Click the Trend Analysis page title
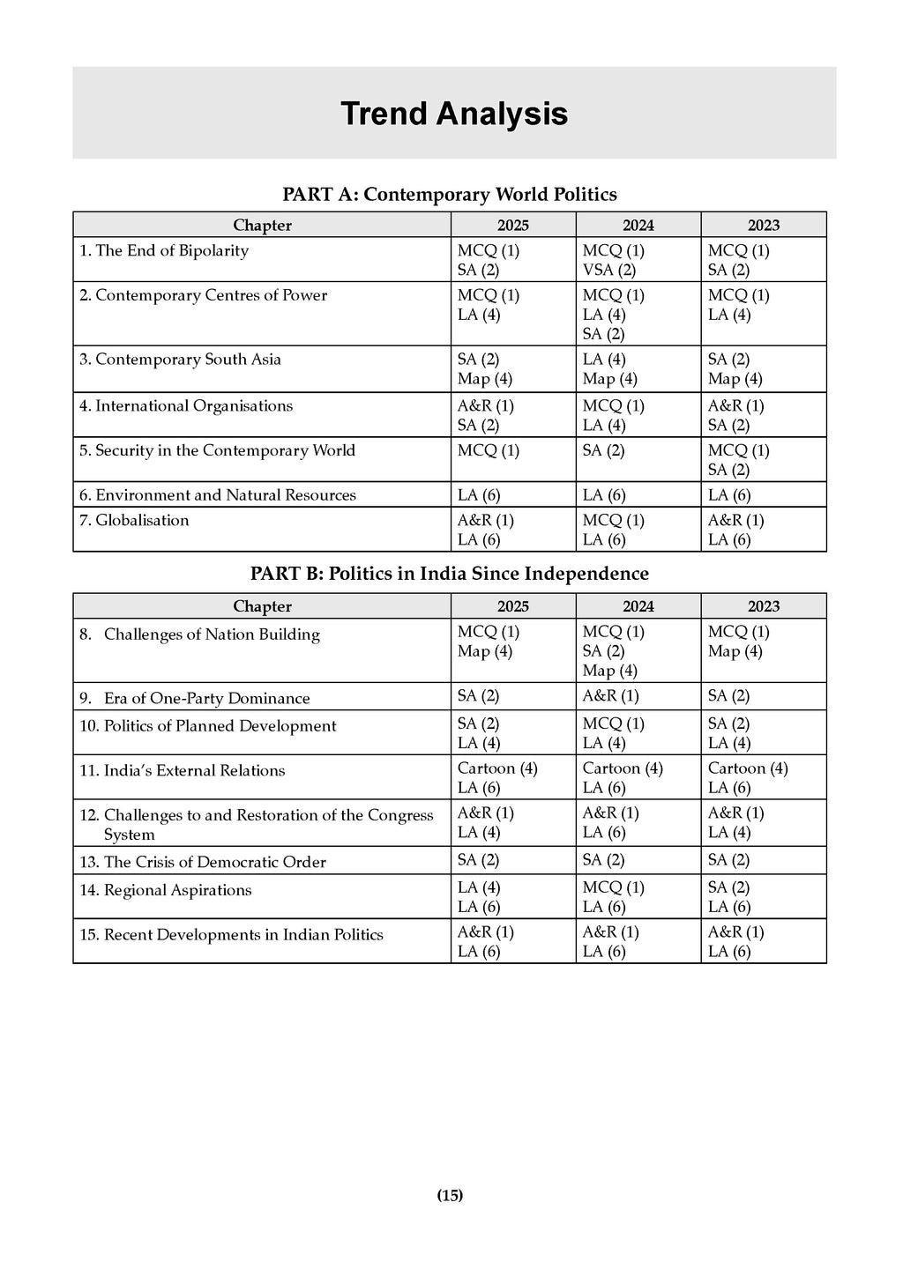coord(453,114)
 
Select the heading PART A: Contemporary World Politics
coord(449,194)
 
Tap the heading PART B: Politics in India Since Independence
coord(449,574)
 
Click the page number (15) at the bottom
coord(450,1195)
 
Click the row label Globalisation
coord(142,520)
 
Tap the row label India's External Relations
coord(194,770)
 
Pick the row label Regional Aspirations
coord(177,890)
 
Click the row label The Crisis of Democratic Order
coord(214,862)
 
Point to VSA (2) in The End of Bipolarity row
coord(609,270)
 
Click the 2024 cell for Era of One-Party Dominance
coord(610,695)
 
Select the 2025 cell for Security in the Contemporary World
coord(489,450)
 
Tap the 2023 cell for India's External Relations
coord(748,777)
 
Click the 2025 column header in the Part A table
coord(512,225)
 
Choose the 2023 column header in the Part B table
coord(764,606)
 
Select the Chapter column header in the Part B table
coord(262,606)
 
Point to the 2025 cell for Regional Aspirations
coord(479,897)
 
